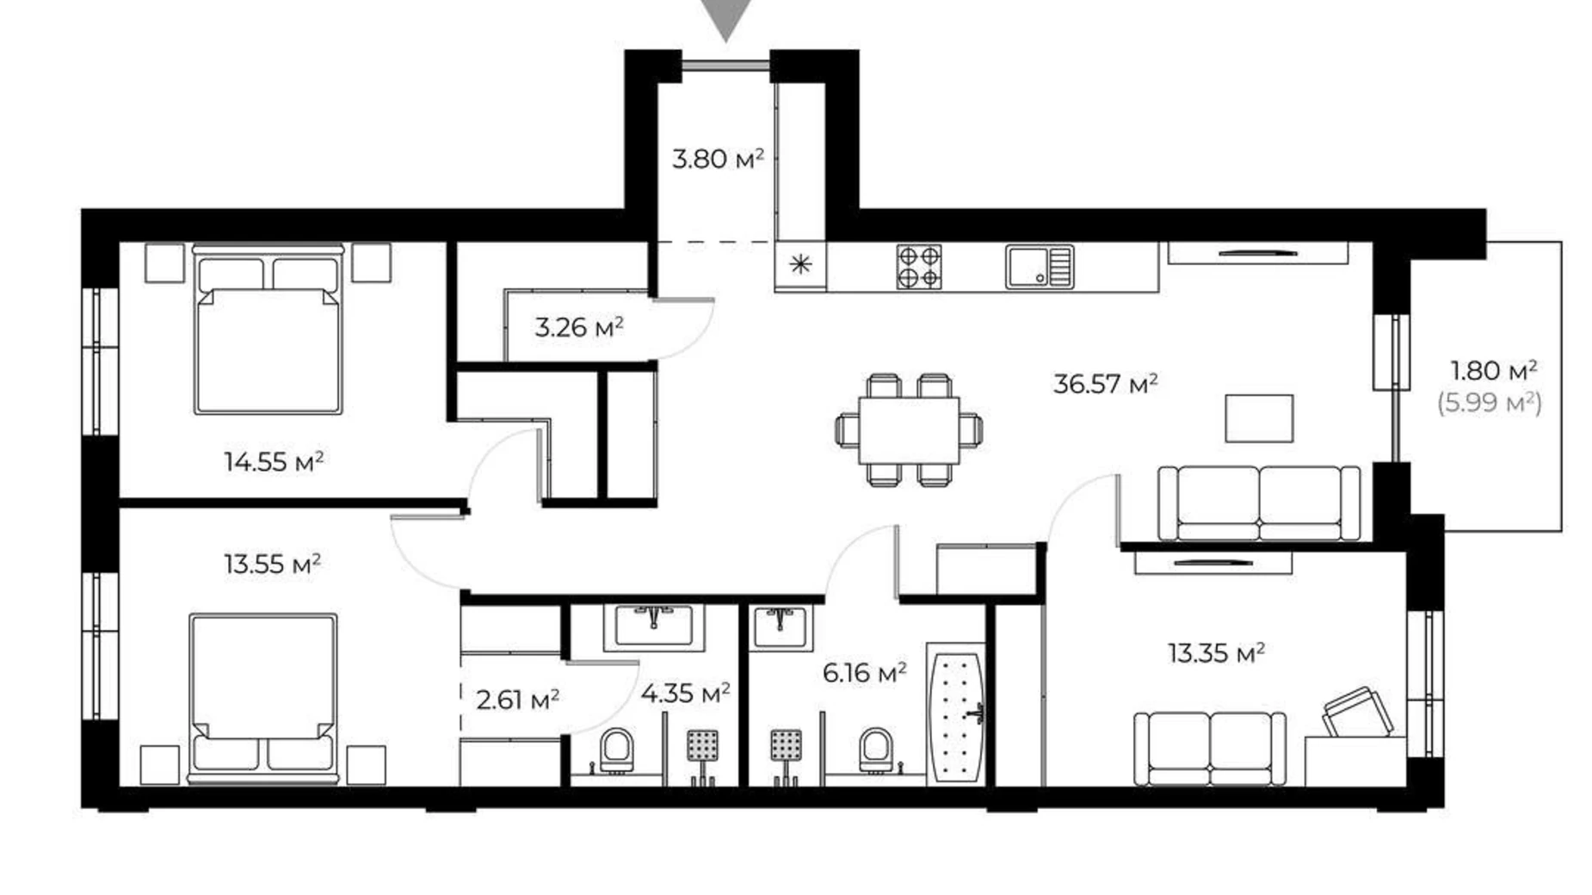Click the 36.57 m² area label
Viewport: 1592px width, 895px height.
[1105, 384]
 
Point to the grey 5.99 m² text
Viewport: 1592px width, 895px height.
[1490, 403]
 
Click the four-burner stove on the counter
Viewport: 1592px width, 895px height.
[918, 267]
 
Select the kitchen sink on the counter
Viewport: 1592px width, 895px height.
[1040, 267]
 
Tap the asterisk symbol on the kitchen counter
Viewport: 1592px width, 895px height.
[800, 264]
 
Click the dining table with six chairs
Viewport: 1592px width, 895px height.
[909, 429]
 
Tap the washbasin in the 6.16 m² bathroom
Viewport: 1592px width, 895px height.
[781, 626]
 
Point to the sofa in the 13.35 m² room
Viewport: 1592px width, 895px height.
[1209, 748]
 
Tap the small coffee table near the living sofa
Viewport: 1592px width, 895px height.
[1258, 418]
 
